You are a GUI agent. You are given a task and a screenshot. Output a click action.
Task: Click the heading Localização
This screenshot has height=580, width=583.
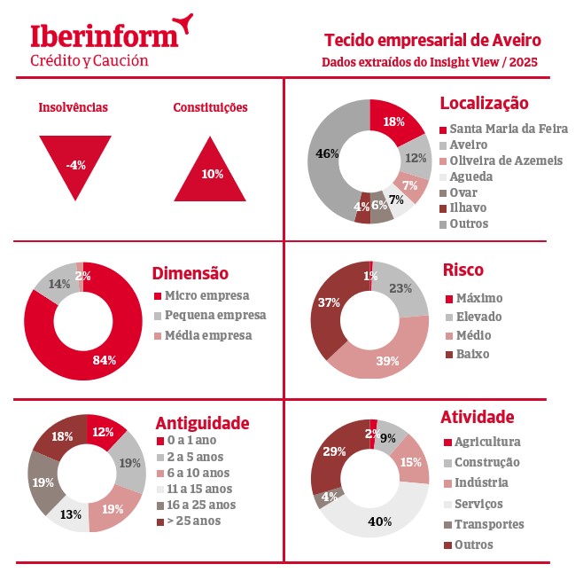484,104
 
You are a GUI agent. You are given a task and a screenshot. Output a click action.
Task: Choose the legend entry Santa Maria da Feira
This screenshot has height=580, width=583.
509,129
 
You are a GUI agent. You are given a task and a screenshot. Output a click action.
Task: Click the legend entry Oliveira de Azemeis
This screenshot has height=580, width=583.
506,161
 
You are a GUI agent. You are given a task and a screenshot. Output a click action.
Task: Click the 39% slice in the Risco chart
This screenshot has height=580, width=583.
386,360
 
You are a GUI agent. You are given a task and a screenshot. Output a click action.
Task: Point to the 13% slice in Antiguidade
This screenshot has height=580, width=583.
71,514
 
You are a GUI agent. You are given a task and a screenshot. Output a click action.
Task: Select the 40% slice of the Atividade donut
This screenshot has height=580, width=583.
381,521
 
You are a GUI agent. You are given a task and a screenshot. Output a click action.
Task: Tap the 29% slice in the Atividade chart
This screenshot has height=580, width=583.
334,452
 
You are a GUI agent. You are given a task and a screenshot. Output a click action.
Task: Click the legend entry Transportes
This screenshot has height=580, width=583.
488,524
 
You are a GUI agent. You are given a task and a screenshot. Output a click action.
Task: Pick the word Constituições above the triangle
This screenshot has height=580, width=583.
210,107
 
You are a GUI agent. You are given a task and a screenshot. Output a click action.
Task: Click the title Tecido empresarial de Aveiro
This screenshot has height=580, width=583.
432,40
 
